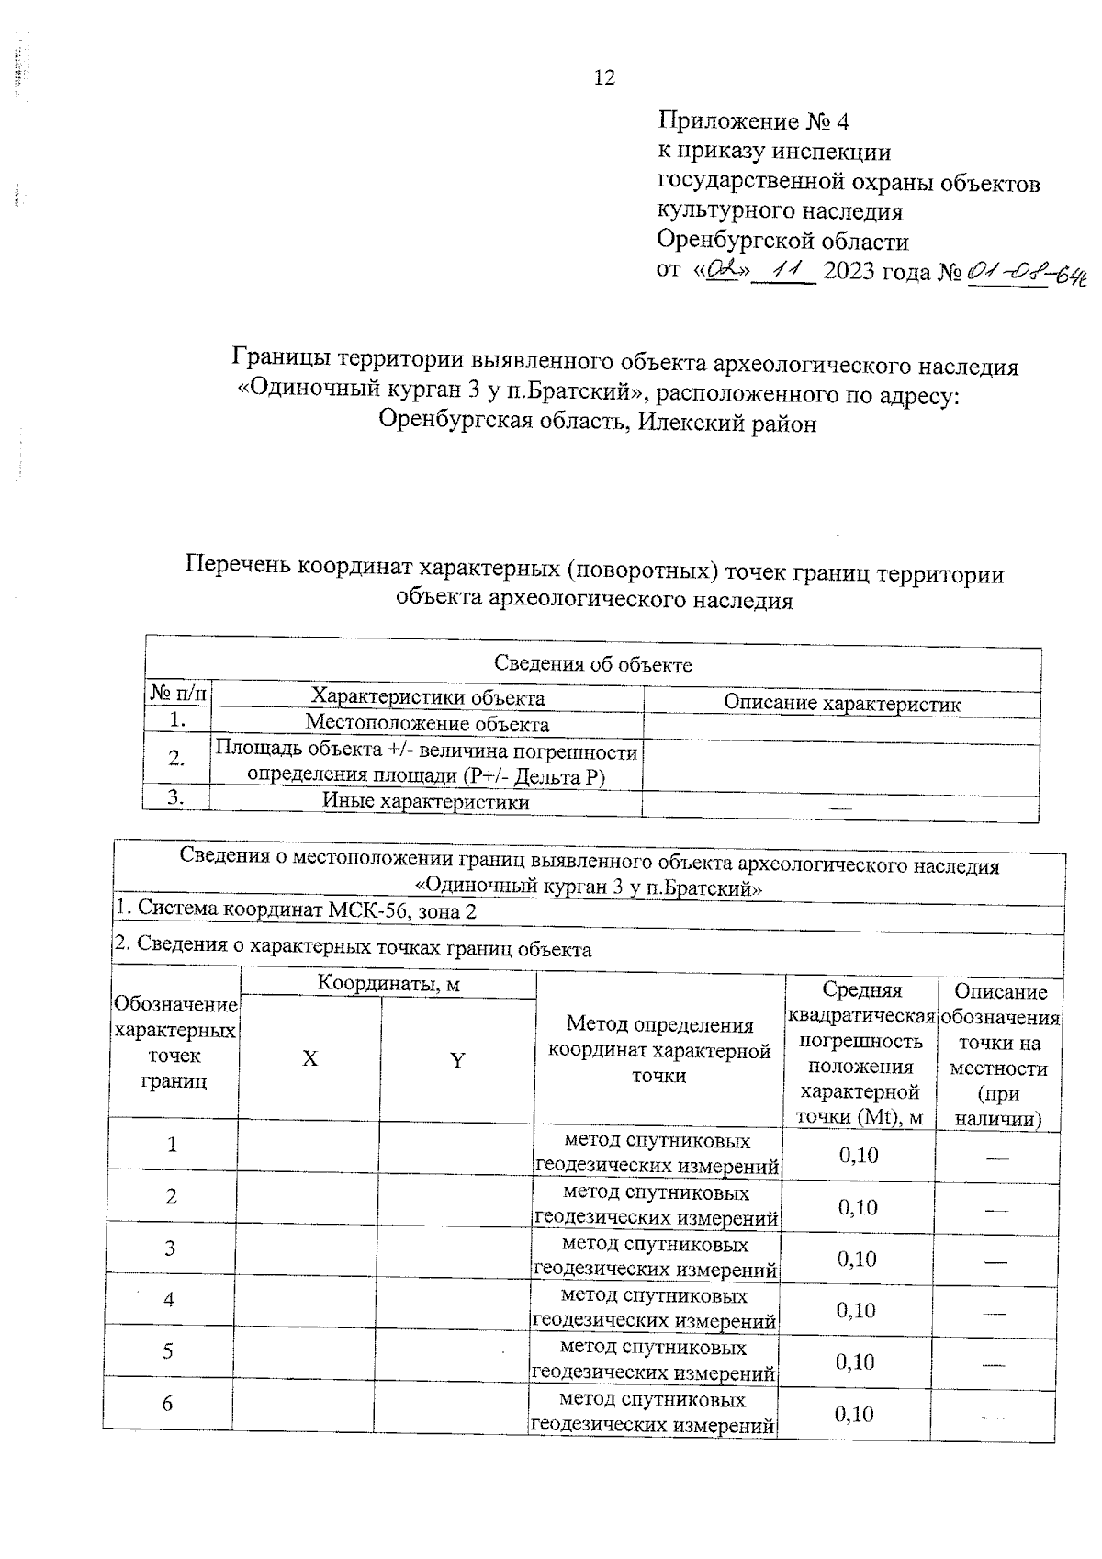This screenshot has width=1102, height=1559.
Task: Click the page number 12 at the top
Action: [x=604, y=78]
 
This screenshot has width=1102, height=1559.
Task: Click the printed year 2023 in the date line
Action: [x=854, y=273]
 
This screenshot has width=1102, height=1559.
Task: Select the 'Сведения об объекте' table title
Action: [x=592, y=664]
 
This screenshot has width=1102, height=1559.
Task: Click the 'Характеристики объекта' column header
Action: [x=428, y=697]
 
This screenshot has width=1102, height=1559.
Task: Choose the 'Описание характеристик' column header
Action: [x=841, y=704]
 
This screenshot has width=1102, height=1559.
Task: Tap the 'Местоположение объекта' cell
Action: [x=427, y=723]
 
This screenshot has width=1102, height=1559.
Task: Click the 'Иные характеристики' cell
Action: [x=426, y=801]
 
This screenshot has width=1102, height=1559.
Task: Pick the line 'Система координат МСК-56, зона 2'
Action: [x=296, y=910]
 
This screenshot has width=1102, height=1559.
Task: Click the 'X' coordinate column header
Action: [x=310, y=1058]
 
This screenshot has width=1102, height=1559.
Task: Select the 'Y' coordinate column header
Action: [x=456, y=1060]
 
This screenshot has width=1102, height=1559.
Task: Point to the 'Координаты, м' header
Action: [x=388, y=984]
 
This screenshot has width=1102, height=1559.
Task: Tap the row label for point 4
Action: [x=169, y=1299]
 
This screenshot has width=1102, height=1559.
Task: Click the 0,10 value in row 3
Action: [x=857, y=1259]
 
